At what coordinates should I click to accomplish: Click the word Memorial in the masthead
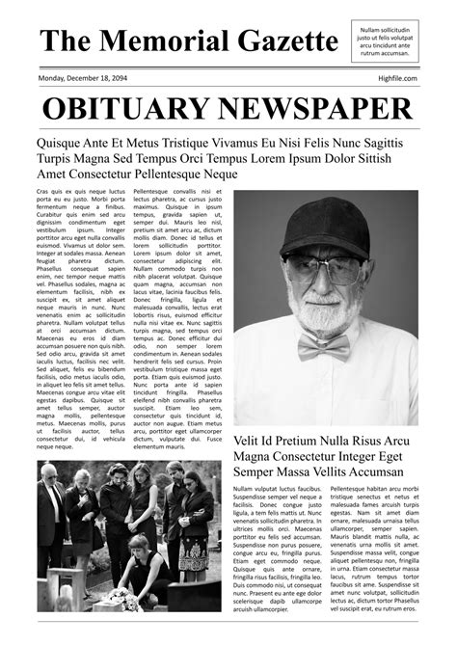(x=163, y=40)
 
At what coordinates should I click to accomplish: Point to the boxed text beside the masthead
(x=385, y=41)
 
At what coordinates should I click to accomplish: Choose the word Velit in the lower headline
(x=251, y=440)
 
